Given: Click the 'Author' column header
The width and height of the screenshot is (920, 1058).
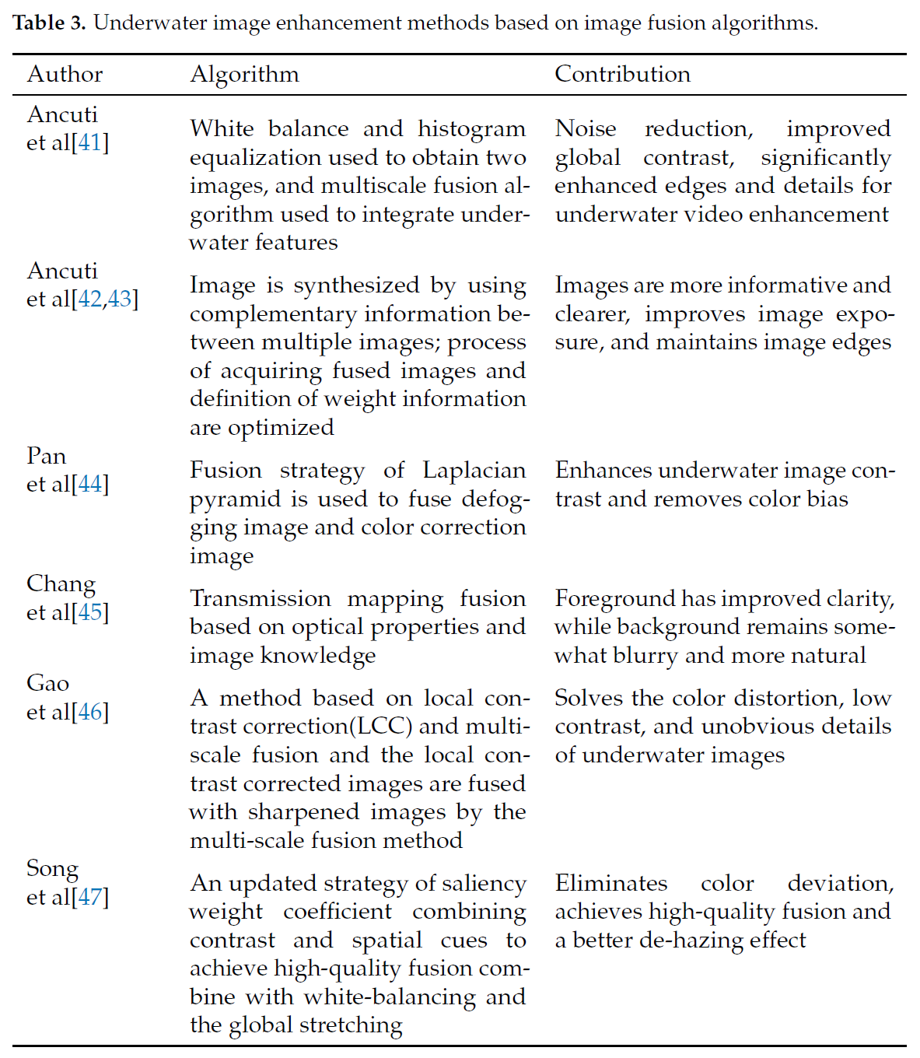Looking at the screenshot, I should tap(65, 74).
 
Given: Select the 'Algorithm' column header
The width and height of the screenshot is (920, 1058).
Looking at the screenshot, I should tap(244, 74).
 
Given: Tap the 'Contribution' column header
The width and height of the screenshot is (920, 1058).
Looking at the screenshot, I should tap(622, 74).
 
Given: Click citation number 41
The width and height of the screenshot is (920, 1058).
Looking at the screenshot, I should tap(90, 143).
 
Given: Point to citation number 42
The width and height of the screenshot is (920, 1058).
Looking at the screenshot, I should tap(90, 300).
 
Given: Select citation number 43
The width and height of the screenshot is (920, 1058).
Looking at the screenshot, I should tap(120, 300).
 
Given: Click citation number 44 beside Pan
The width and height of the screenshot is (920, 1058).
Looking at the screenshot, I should tap(90, 485).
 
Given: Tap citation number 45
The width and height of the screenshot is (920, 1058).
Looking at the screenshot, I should tap(90, 613).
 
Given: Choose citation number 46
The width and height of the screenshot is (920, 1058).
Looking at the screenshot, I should tap(90, 712).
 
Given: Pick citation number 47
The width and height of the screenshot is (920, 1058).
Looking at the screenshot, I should tap(90, 897).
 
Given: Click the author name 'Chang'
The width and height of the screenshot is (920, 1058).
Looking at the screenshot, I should tap(61, 584).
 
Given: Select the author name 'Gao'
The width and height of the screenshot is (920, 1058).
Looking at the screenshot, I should tap(47, 683).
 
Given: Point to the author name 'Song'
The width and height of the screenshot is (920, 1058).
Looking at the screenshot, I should tap(52, 868).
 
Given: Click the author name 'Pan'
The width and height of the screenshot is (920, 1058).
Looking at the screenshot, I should tap(46, 456).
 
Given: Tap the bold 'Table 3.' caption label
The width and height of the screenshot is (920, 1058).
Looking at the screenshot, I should tap(50, 23).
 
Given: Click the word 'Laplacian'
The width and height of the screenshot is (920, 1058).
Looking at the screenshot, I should tap(474, 470).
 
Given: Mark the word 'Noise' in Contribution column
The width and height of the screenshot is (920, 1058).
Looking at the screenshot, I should tap(585, 128).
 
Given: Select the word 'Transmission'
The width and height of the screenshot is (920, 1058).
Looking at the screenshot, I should tap(261, 598).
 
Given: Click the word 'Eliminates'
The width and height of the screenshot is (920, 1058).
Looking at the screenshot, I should tap(610, 883).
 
